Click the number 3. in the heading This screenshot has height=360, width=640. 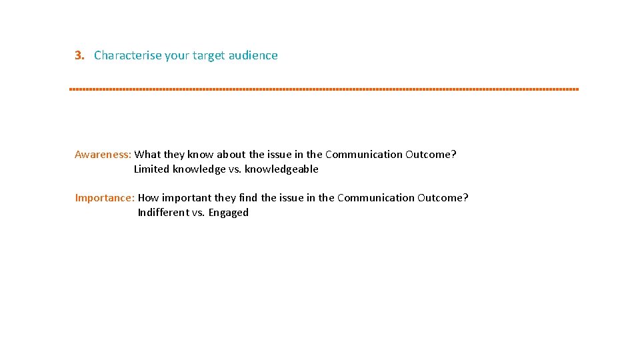80,55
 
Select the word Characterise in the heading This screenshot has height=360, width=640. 128,55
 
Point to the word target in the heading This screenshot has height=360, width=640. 209,55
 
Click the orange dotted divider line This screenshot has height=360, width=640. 324,89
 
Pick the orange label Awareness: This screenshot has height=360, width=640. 103,155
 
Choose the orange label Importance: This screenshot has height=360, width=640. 105,198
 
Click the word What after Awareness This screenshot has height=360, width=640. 148,155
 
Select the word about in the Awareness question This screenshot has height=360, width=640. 231,155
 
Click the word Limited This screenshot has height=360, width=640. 151,169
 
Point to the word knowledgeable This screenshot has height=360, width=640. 281,169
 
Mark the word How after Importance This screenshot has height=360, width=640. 148,198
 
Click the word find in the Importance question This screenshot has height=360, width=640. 248,198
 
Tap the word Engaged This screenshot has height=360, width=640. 228,213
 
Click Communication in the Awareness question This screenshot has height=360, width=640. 364,155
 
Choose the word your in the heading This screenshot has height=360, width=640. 177,55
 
